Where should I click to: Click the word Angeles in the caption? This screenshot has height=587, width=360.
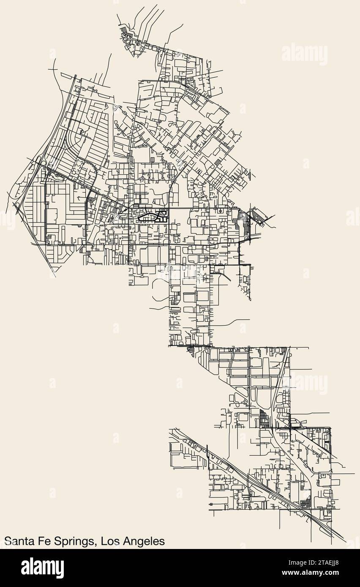click(143, 542)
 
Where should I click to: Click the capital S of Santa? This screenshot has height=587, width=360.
click(7, 541)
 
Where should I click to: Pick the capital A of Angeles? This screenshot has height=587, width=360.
click(126, 541)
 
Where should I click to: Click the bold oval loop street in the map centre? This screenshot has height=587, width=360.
click(145, 217)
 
